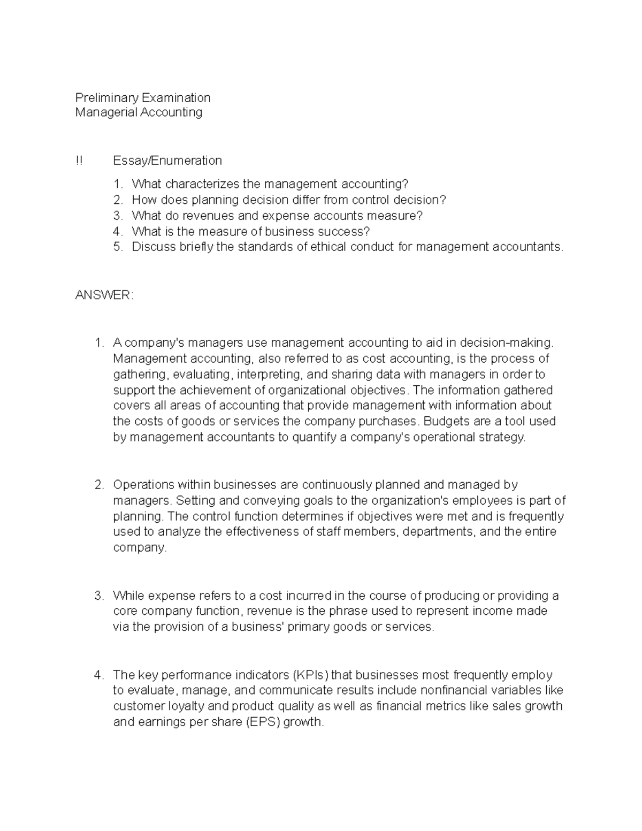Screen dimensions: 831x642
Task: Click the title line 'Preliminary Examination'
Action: pos(143,97)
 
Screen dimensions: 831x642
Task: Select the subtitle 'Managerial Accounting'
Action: pos(139,112)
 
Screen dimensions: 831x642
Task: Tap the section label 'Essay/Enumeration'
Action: pos(167,161)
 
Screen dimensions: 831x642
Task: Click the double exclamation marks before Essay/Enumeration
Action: pos(79,161)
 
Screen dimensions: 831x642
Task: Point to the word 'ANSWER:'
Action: pos(104,295)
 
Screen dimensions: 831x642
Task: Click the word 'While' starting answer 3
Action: pos(128,596)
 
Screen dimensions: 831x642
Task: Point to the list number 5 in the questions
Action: pos(118,247)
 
